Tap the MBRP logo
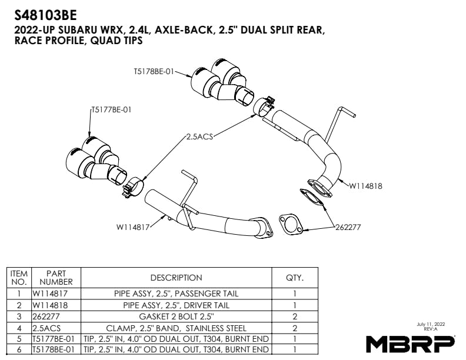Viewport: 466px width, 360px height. [x=410, y=343]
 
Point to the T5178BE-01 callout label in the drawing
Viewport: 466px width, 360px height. [x=154, y=72]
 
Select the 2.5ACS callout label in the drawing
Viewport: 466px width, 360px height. [x=199, y=136]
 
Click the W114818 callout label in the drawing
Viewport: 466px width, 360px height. [x=365, y=186]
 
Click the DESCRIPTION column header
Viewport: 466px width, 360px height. [x=176, y=278]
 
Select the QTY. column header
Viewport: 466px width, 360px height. [x=294, y=278]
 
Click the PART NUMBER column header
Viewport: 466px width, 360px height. [x=56, y=278]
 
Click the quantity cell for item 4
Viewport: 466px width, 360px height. [x=294, y=327]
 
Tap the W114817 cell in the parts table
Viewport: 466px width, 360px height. [x=56, y=293]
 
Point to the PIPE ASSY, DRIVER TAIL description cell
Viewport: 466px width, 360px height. [x=176, y=305]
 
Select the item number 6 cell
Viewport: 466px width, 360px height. [x=19, y=349]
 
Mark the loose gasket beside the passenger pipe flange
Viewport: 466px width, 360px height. [x=289, y=224]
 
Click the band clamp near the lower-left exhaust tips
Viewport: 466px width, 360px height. [x=133, y=187]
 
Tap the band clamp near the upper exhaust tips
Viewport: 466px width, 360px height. [x=263, y=106]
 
